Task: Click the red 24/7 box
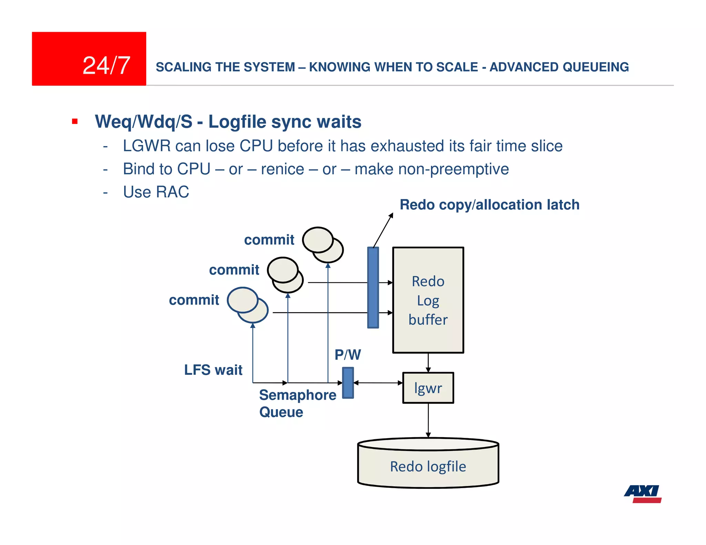89,59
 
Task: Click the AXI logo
643,493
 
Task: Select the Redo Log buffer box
428,300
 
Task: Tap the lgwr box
428,388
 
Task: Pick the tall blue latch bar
373,287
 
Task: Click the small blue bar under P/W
348,383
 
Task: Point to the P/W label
347,355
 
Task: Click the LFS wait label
213,370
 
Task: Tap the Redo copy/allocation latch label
490,205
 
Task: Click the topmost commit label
269,240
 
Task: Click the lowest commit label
194,300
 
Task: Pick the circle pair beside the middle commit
285,275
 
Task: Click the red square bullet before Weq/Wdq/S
75,121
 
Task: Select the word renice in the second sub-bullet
282,169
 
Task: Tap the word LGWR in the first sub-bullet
147,146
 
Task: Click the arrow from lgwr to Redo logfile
428,420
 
